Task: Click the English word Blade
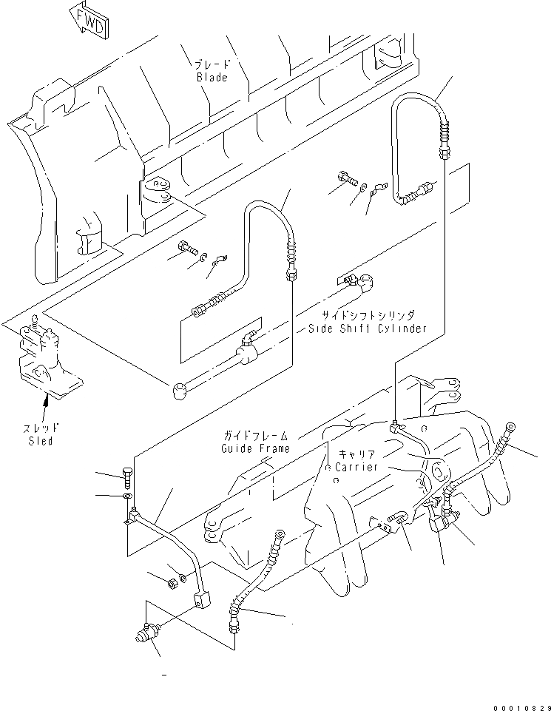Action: (212, 78)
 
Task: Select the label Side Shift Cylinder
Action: (368, 328)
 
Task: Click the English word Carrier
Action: (356, 467)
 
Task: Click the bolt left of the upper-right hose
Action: (345, 177)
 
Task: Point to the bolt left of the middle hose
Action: (186, 249)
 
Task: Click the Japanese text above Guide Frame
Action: (257, 436)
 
